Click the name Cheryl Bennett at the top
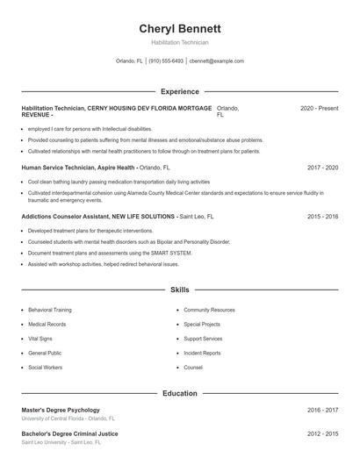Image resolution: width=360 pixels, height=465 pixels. pos(179,28)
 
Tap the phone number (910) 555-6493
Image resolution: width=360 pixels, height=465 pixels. pos(166,61)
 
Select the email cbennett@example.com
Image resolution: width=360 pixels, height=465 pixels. pos(216,61)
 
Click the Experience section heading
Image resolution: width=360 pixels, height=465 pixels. pos(179,91)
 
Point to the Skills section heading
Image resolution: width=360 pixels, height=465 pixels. pos(179,289)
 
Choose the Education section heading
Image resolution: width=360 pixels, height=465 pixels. pos(179,394)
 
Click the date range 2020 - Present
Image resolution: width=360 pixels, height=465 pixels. pos(319,108)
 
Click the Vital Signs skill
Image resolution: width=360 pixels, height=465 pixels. pos(41,339)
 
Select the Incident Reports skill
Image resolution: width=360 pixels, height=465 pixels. pos(203,353)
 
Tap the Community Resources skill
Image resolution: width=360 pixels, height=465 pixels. pos(209,310)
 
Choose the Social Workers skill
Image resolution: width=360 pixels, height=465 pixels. pos(46,368)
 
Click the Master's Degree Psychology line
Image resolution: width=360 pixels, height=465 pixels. pos(61,410)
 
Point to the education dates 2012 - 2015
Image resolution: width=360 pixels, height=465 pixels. pos(323,433)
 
